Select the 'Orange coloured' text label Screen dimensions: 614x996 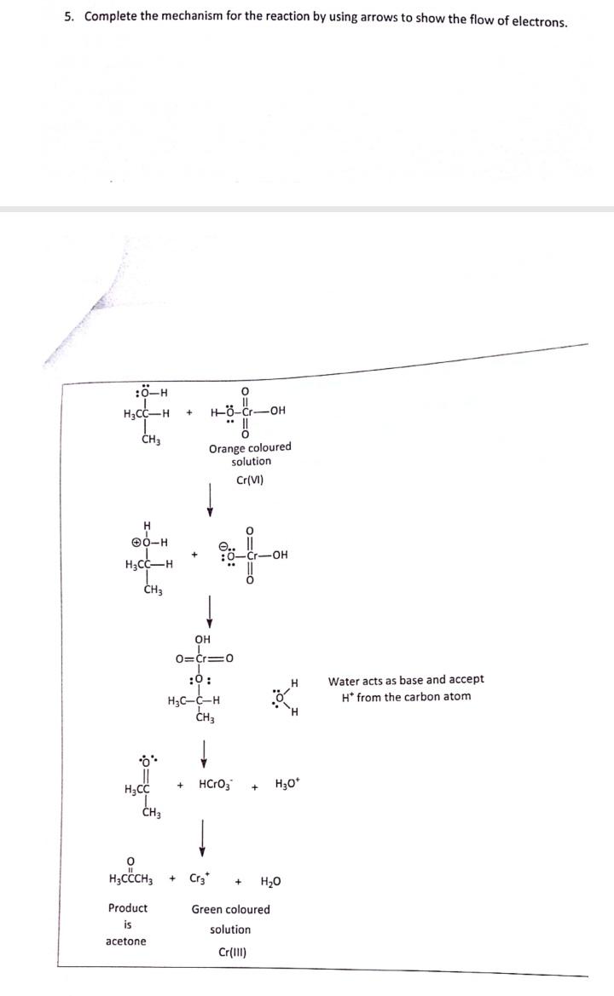click(250, 447)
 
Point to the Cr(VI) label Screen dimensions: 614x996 click(250, 480)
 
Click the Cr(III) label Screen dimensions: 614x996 click(230, 952)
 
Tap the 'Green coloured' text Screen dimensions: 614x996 click(230, 909)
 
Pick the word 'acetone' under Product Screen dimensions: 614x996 click(126, 941)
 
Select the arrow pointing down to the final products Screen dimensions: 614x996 click(203, 835)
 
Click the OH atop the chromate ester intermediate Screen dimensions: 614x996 click(202, 640)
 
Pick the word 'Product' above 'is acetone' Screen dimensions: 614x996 click(127, 908)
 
